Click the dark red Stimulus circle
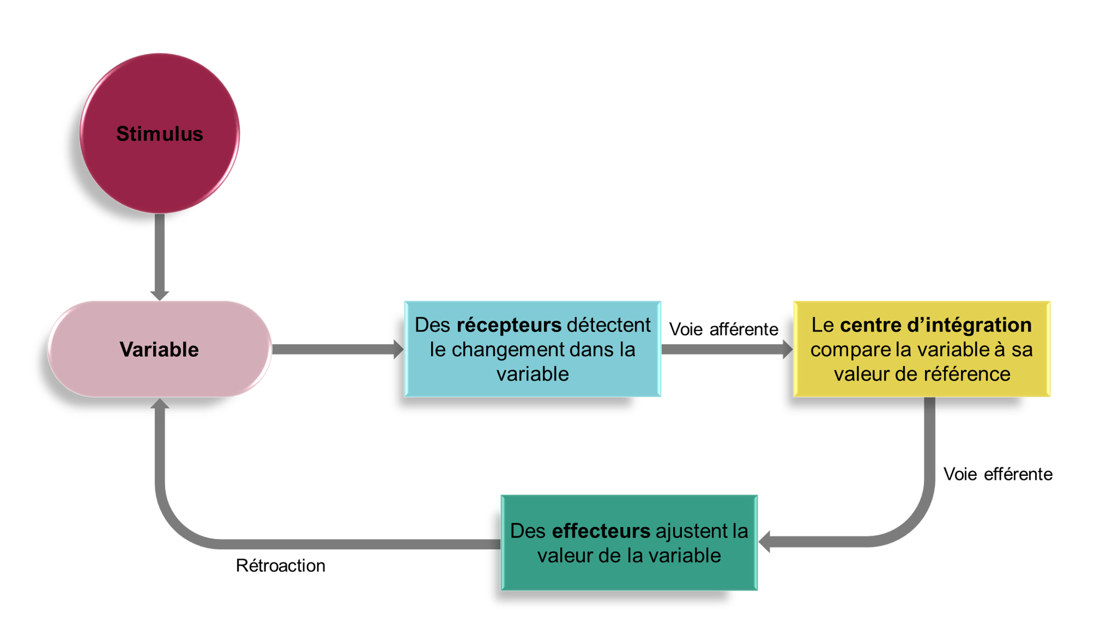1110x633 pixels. (159, 134)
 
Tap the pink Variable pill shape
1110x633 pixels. (159, 349)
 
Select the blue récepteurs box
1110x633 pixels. (533, 349)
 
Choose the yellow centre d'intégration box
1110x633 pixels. (921, 349)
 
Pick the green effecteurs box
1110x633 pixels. (629, 543)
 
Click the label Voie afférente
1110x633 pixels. (723, 329)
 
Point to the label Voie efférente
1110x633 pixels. (997, 474)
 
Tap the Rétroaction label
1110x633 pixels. (281, 566)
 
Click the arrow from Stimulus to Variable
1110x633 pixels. (159, 256)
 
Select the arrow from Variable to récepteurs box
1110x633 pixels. (337, 349)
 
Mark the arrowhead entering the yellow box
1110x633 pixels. (787, 349)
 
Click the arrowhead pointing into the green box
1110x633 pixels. (765, 542)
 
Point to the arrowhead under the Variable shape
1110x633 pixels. (159, 404)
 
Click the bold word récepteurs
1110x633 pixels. (509, 325)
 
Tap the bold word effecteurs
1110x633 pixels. (601, 531)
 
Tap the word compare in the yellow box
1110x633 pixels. (850, 349)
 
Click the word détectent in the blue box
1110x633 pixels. (608, 325)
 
